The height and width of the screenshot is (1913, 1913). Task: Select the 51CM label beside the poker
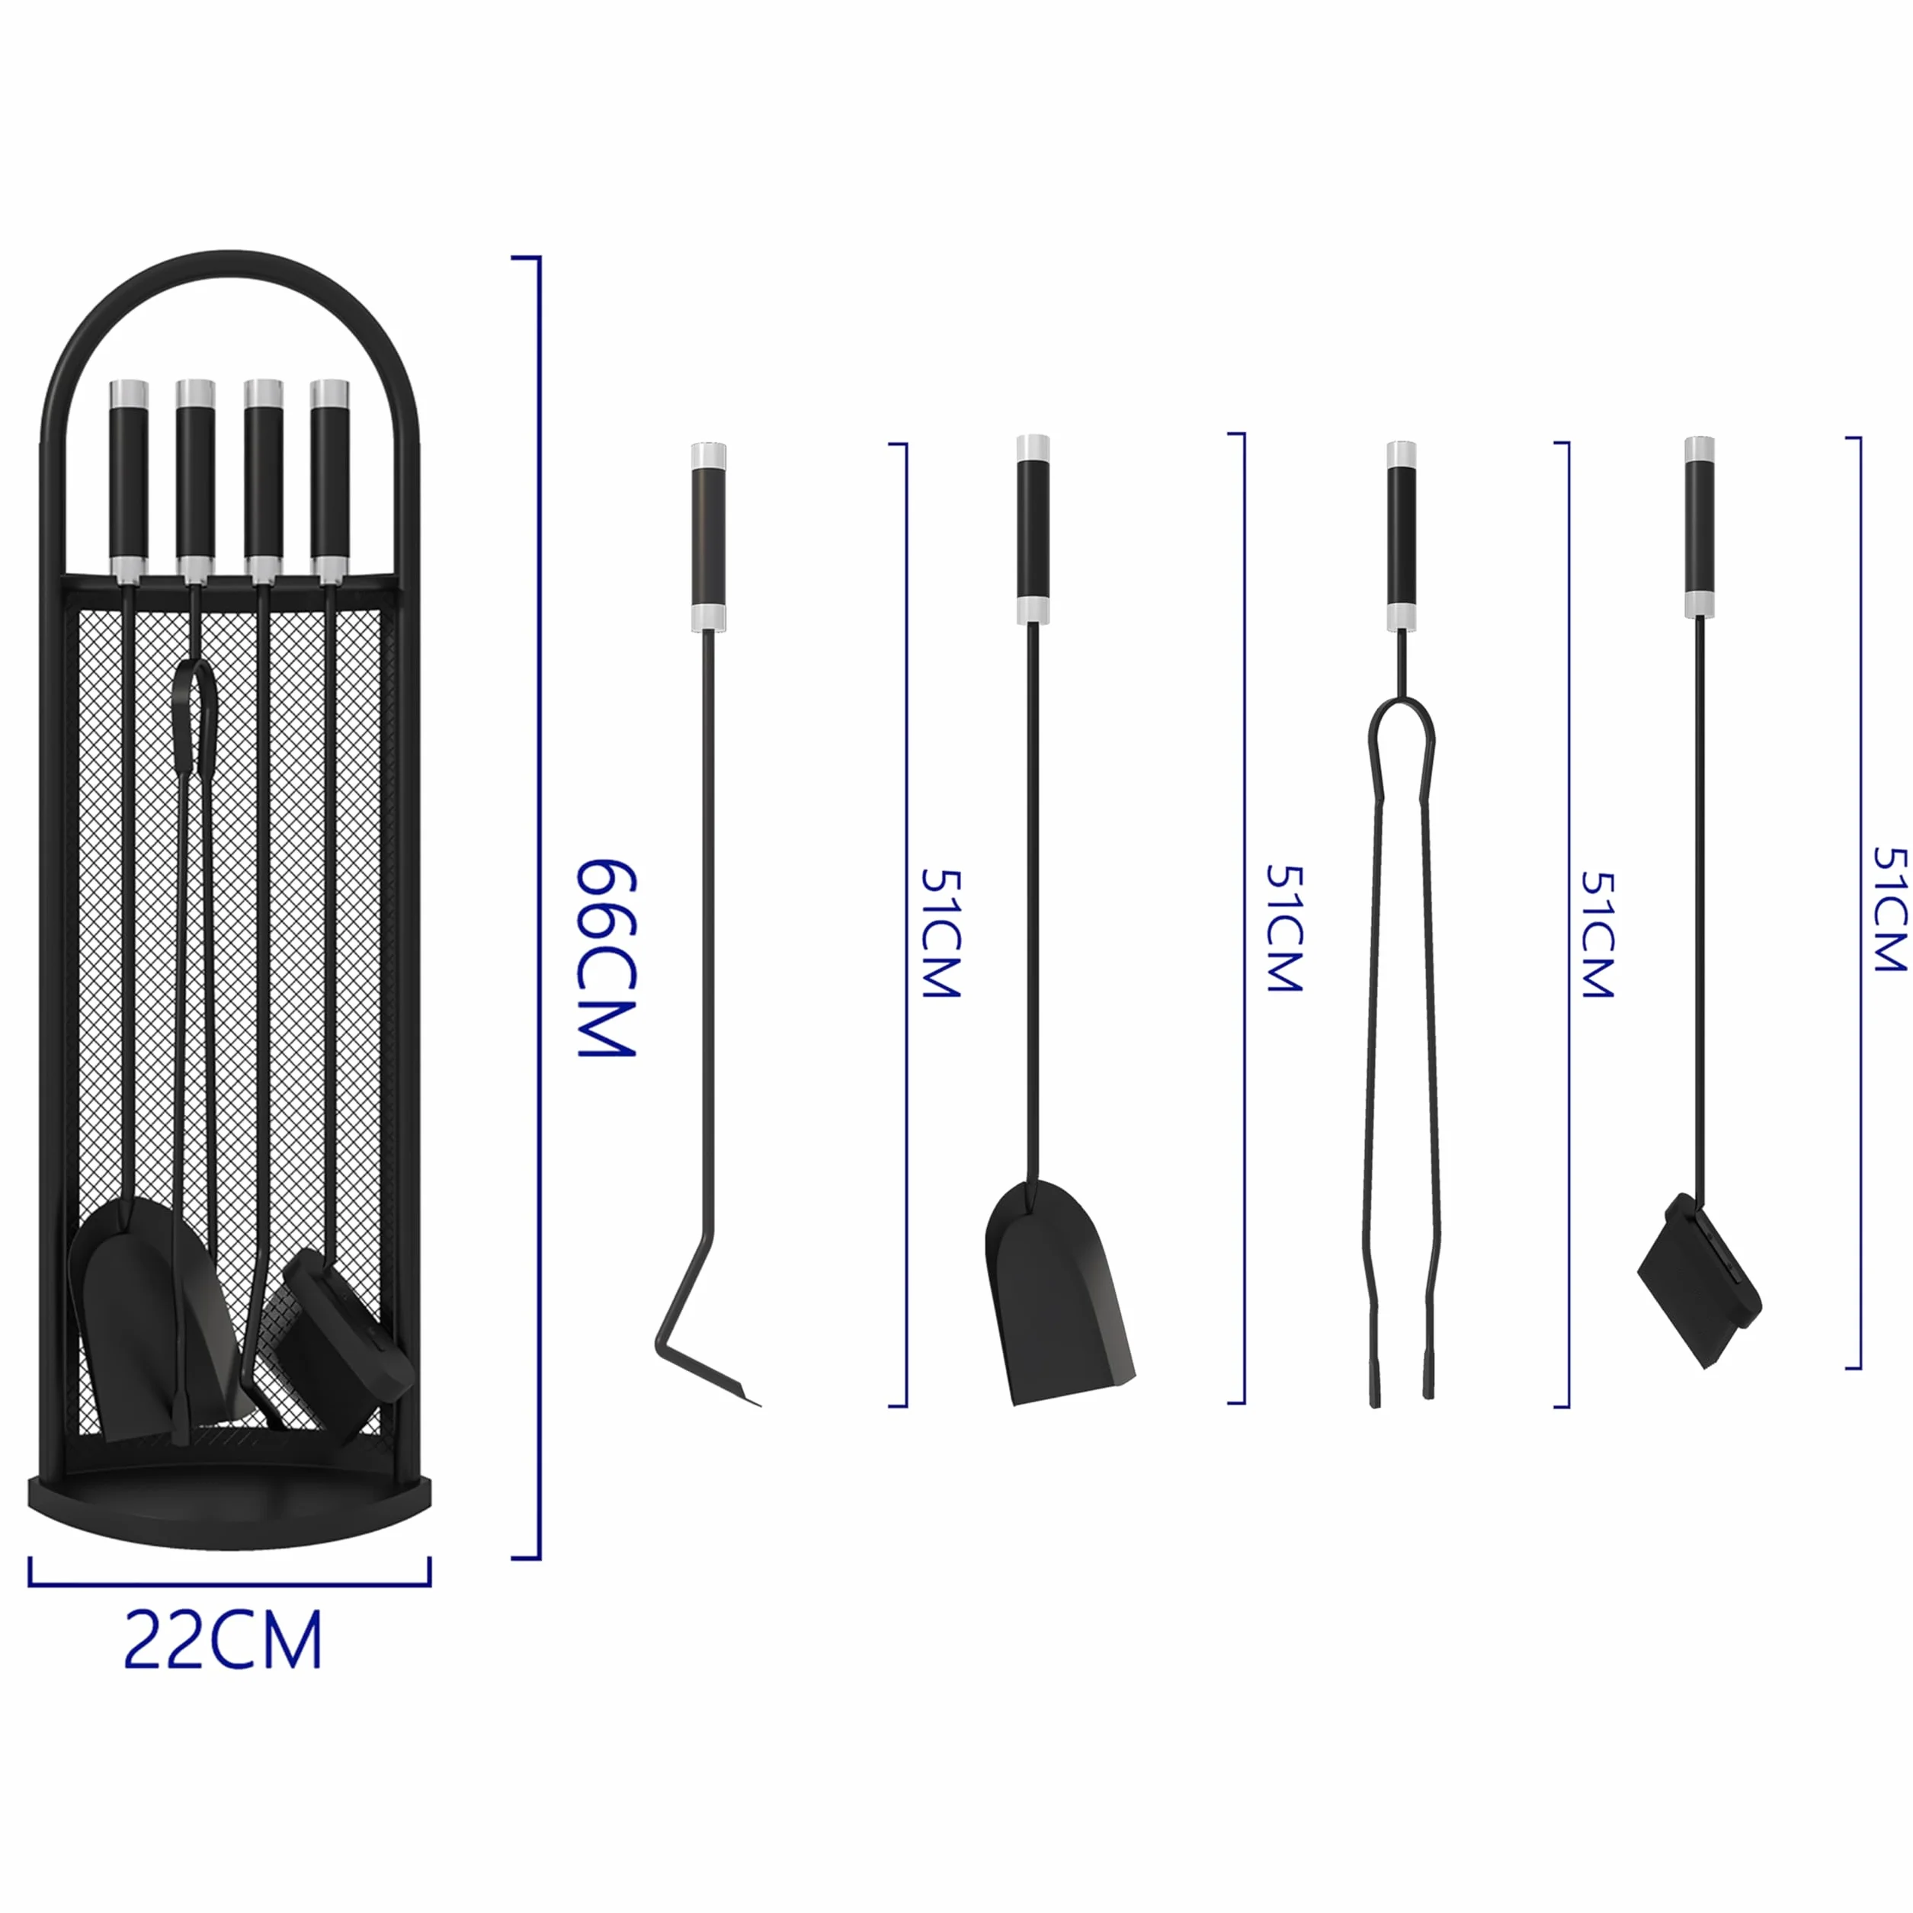[940, 932]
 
